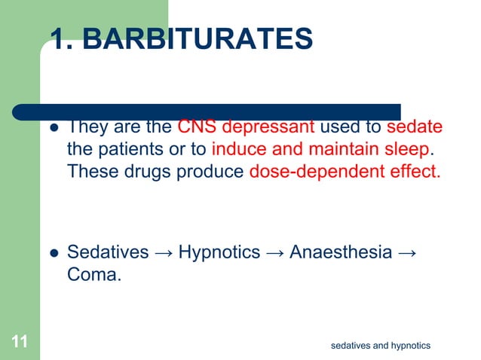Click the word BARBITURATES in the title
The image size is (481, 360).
pyautogui.click(x=198, y=39)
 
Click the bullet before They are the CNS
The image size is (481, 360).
pyautogui.click(x=54, y=127)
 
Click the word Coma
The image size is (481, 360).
pyautogui.click(x=93, y=275)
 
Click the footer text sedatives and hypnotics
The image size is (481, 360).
pyautogui.click(x=381, y=345)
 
